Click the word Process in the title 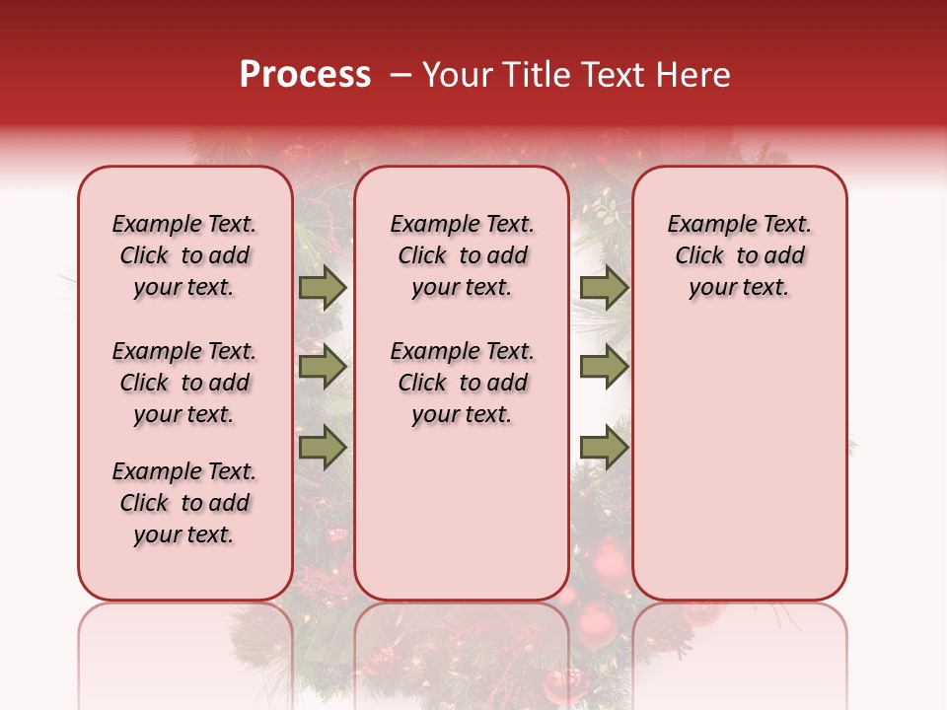[x=305, y=75]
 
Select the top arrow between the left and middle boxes [x=323, y=288]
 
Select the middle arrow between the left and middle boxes [x=323, y=368]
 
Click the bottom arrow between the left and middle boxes [x=323, y=448]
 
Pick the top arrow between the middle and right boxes [x=605, y=288]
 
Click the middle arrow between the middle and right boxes [x=605, y=368]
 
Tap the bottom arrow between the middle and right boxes [x=605, y=448]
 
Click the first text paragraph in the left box [x=184, y=255]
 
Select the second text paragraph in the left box [x=184, y=383]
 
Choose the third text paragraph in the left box [x=184, y=503]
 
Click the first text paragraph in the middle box [x=462, y=255]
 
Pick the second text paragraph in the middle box [x=462, y=383]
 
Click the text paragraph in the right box [x=740, y=255]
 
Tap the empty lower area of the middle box [x=462, y=513]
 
